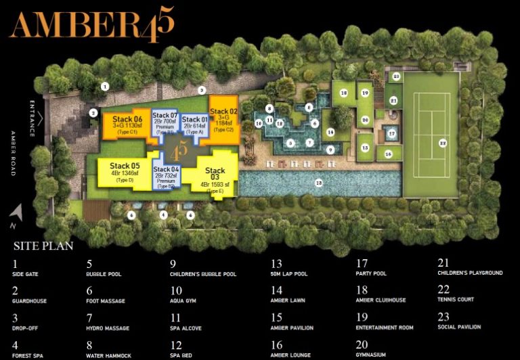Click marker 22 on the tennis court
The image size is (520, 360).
pyautogui.click(x=442, y=143)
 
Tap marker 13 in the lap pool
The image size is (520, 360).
pyautogui.click(x=318, y=181)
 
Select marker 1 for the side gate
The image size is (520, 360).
pyautogui.click(x=105, y=86)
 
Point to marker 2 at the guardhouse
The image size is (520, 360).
pyautogui.click(x=94, y=113)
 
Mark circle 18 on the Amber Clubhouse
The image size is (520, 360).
pyautogui.click(x=344, y=93)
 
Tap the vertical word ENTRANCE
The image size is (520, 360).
pyautogui.click(x=32, y=116)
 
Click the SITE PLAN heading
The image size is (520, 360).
pyautogui.click(x=43, y=246)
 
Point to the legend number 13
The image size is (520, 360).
pyautogui.click(x=276, y=263)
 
